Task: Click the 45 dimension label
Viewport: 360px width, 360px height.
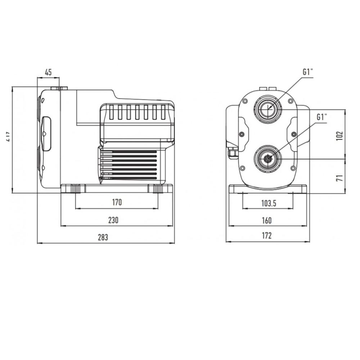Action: tap(48, 72)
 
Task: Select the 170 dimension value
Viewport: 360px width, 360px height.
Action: tap(117, 202)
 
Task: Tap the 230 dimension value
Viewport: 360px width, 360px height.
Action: tap(113, 220)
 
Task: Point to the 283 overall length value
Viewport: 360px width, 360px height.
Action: tap(103, 237)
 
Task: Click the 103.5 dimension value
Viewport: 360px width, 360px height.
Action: tap(269, 203)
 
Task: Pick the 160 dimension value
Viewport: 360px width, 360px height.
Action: tap(266, 220)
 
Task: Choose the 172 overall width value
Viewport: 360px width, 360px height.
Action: tap(266, 236)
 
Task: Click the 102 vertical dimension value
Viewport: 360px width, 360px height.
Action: tap(339, 136)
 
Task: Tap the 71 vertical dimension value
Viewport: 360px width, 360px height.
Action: tap(339, 178)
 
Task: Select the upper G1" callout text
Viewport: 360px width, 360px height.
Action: tap(308, 72)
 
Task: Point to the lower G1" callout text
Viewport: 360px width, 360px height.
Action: tap(322, 117)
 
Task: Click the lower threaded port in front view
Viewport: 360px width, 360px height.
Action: tap(268, 159)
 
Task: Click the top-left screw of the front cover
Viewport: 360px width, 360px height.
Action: tap(245, 101)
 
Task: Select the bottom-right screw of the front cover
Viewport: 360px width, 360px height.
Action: tap(293, 168)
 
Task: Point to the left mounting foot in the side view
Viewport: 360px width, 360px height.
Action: tap(75, 189)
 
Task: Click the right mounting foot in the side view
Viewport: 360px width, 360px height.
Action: tap(158, 189)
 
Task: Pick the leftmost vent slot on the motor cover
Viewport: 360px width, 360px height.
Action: tap(111, 112)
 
